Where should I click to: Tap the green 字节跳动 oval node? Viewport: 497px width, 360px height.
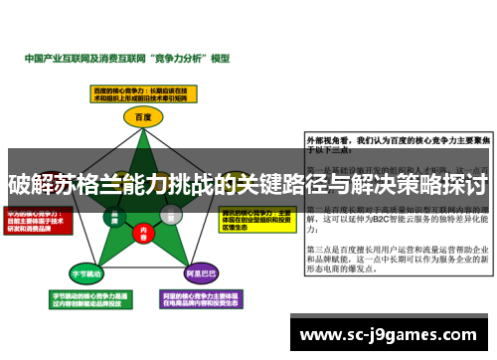[87, 272]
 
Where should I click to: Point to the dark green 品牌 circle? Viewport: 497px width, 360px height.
[116, 214]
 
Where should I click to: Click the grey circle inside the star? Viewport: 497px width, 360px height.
[171, 214]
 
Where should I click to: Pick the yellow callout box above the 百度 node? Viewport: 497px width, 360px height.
[144, 93]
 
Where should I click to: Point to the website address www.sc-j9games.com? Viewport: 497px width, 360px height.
[391, 307]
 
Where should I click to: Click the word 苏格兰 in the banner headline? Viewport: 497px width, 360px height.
[94, 184]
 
